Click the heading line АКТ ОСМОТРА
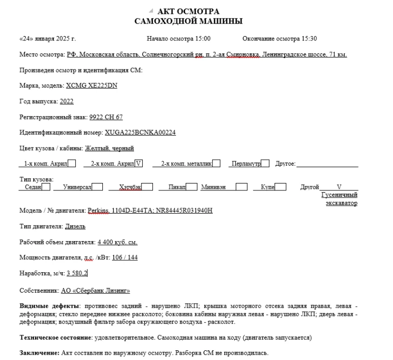tap(188, 12)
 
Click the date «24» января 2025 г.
tap(47, 39)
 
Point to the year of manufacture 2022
tap(67, 101)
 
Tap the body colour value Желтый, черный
tap(109, 148)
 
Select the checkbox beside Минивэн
tap(242, 187)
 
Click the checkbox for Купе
tap(281, 187)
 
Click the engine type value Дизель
tap(75, 227)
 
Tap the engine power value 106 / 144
tap(125, 258)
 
